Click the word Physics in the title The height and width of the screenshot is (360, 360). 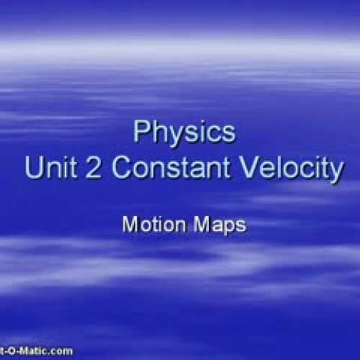184,133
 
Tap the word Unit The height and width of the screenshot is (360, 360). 48,169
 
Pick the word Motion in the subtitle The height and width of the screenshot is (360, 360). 150,225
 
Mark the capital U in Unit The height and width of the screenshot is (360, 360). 33,169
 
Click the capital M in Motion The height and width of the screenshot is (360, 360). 130,225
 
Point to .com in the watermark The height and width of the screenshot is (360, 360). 60,351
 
